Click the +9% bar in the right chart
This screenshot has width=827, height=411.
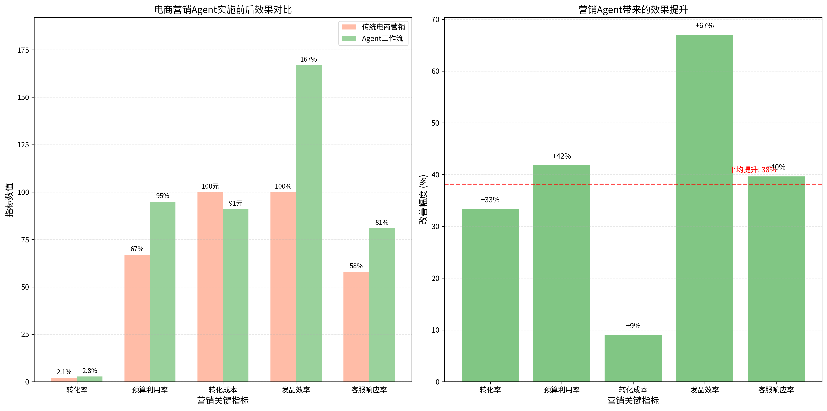(633, 358)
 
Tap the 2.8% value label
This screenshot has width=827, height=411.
(90, 371)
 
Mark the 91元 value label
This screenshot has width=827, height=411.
(236, 203)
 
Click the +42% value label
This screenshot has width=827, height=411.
(562, 156)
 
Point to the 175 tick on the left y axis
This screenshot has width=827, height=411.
(23, 50)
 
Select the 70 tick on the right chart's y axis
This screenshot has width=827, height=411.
(435, 20)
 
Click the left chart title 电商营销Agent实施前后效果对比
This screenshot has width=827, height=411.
(223, 10)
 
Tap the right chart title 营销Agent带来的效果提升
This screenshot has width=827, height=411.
(633, 10)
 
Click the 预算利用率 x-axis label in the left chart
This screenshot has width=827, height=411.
(150, 390)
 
